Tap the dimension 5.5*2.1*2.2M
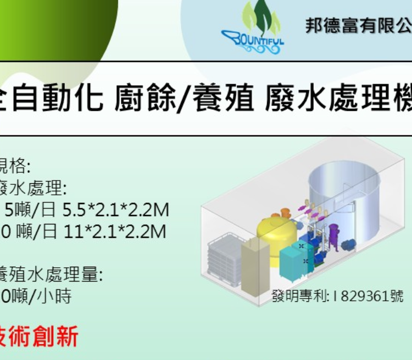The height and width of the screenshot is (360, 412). tap(115, 210)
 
